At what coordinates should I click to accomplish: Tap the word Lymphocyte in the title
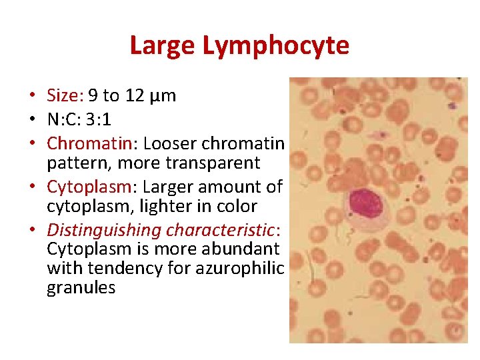point(275,46)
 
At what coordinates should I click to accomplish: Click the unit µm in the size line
point(163,96)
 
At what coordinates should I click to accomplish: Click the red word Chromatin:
point(92,143)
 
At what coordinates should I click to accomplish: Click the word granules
point(81,288)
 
